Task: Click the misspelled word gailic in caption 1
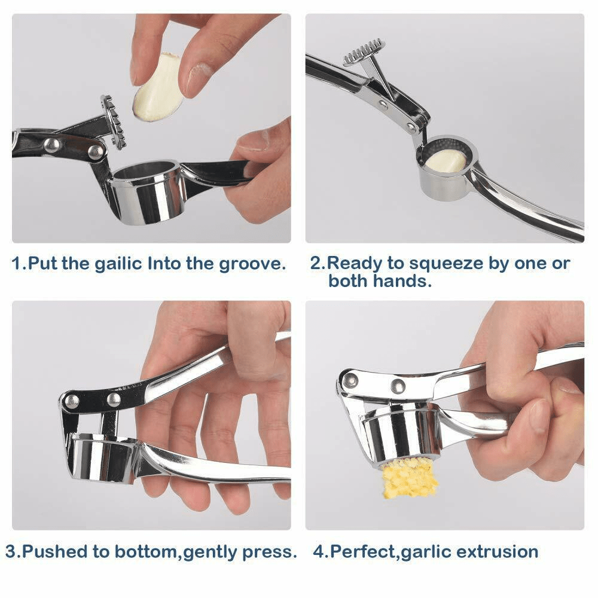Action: (117, 264)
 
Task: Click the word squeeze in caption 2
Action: (441, 264)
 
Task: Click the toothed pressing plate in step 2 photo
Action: (364, 51)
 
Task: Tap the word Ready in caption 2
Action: (353, 264)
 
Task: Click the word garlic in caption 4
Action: (428, 551)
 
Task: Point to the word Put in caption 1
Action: (42, 264)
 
